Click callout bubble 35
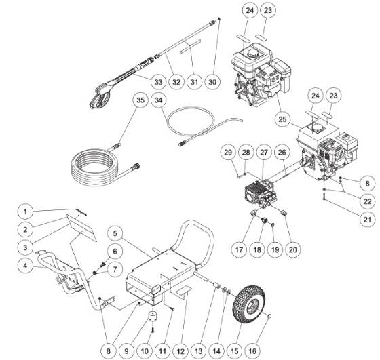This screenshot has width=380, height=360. (140, 101)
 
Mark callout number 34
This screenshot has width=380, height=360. (159, 101)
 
